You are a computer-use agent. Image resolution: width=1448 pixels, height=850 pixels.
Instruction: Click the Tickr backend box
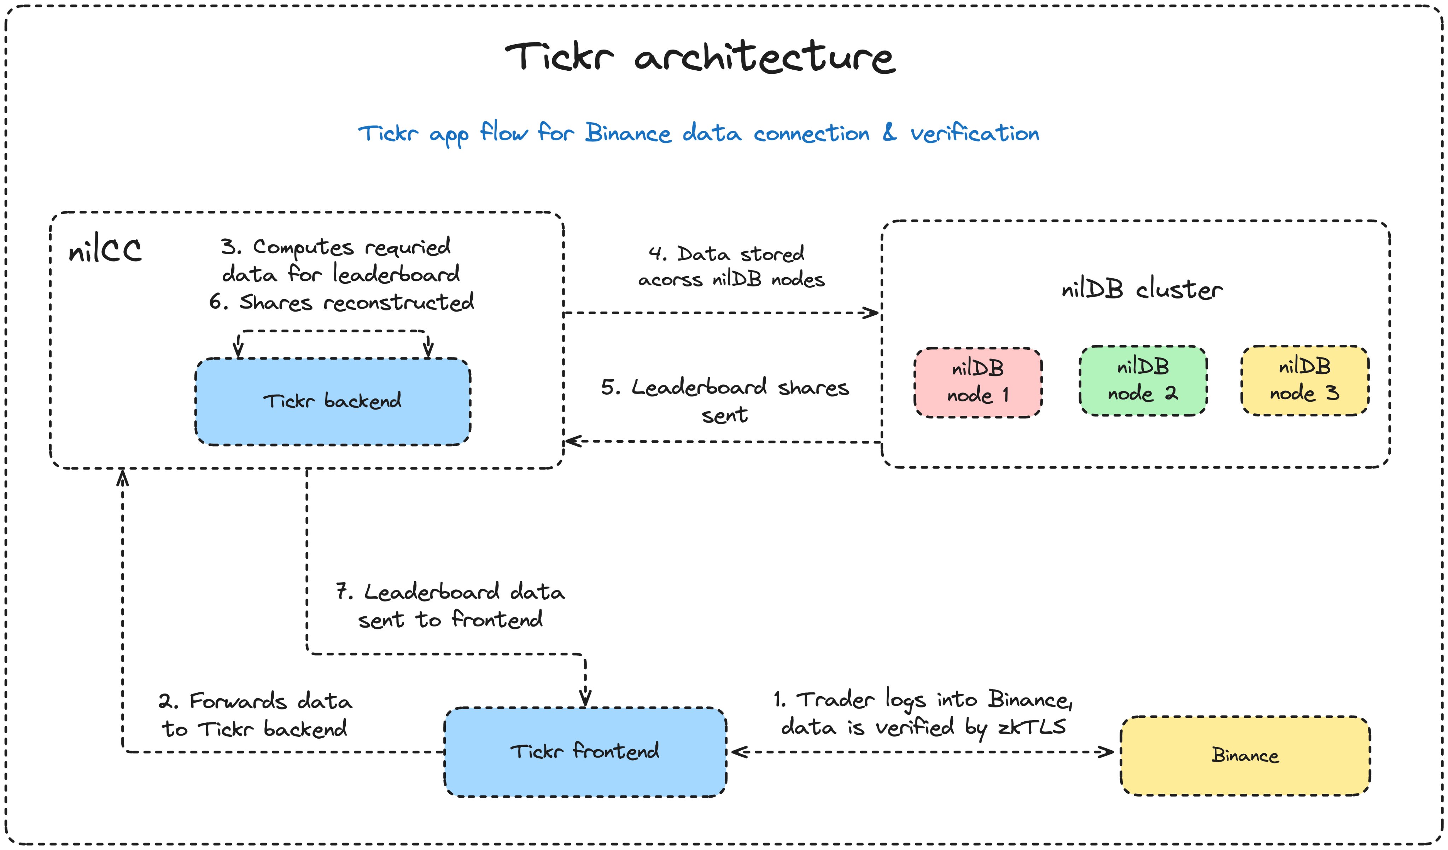333,402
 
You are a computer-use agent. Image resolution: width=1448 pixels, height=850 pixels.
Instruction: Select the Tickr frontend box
585,752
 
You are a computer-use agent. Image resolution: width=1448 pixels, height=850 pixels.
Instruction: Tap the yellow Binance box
1245,756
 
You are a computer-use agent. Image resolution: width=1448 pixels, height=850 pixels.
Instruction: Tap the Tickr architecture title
700,58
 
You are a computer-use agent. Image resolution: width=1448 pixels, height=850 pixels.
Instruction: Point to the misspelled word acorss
670,280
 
